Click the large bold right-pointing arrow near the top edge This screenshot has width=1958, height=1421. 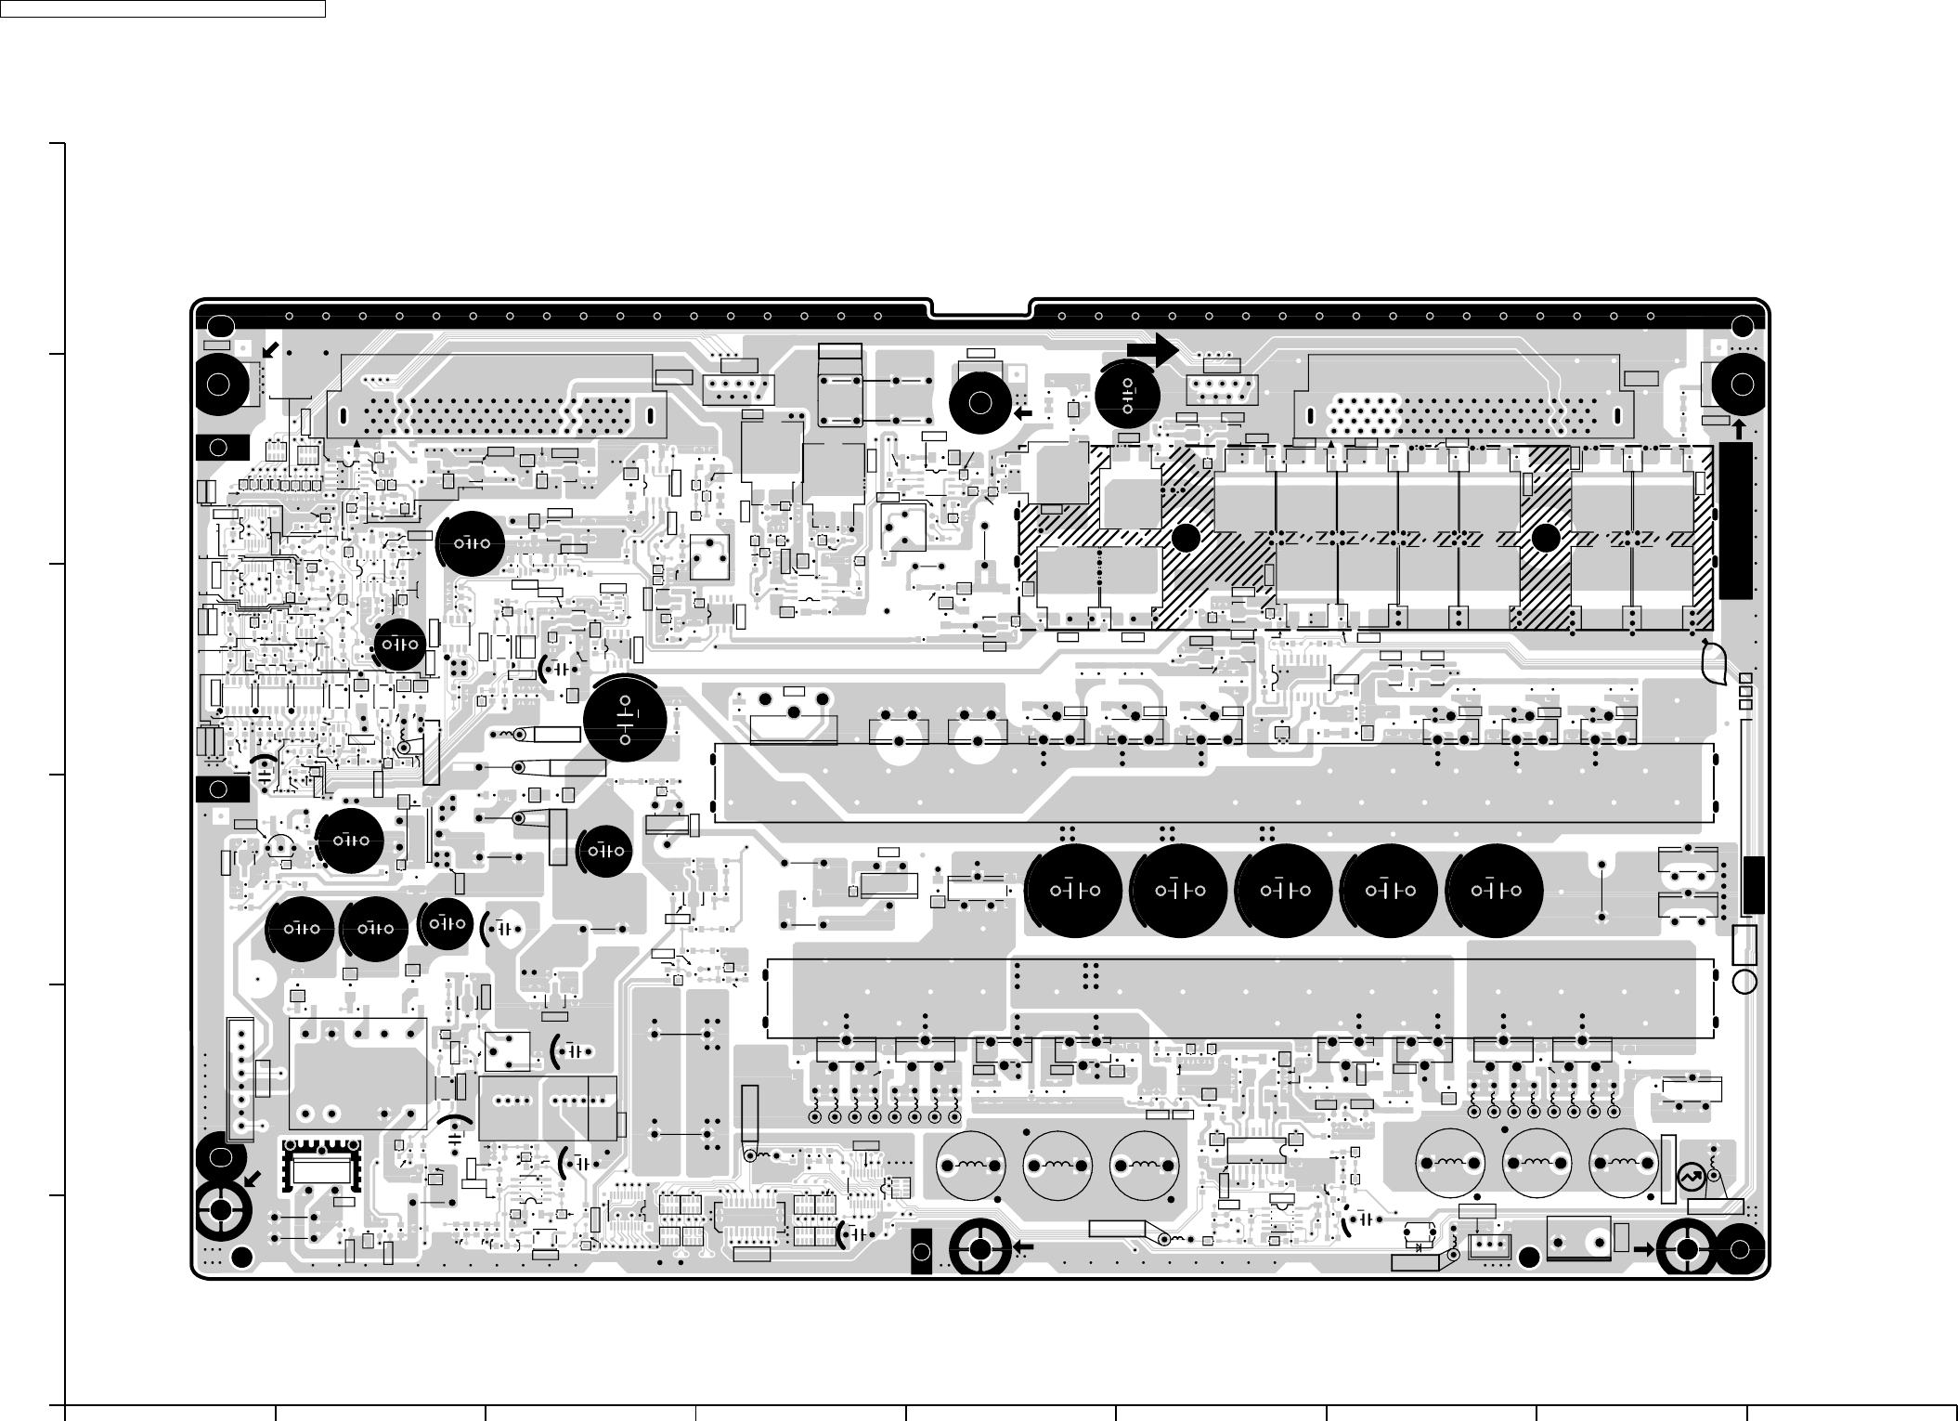[1152, 348]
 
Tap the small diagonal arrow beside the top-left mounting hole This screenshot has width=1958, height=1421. [270, 350]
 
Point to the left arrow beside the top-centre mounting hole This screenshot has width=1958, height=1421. [1023, 414]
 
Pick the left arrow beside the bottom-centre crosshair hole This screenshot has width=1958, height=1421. [1024, 1246]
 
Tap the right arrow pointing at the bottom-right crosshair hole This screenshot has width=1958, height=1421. [1644, 1249]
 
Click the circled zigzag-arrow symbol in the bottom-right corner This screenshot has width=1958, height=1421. [1689, 1177]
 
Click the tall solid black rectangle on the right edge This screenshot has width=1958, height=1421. [1735, 520]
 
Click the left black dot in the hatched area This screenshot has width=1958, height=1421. [1185, 539]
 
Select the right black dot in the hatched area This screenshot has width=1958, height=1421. [1546, 538]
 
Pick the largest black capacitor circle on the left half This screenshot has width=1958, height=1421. [625, 720]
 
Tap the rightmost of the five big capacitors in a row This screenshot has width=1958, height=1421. [1495, 891]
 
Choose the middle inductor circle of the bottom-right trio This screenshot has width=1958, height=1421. [1537, 1163]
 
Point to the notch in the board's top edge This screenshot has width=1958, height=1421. [979, 307]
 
